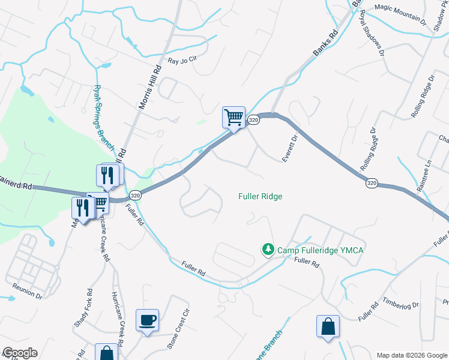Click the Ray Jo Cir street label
tap(182, 61)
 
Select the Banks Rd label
tap(326, 44)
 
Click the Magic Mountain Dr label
tap(400, 13)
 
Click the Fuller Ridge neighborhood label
tap(260, 196)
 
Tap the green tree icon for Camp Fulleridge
tap(268, 249)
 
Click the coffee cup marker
tap(147, 319)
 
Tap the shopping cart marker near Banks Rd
tap(234, 117)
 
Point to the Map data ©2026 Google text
tap(411, 355)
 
